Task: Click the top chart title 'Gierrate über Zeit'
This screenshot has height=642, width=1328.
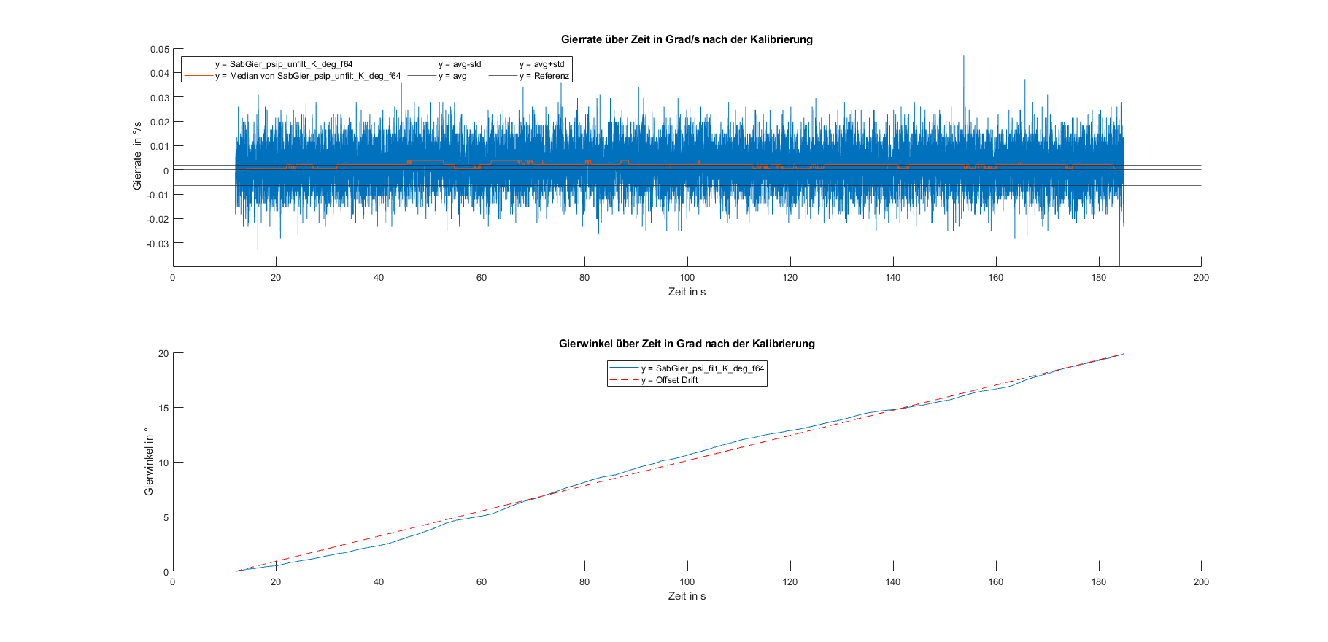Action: pyautogui.click(x=686, y=39)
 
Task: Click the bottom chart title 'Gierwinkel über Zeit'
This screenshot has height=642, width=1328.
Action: pyautogui.click(x=686, y=344)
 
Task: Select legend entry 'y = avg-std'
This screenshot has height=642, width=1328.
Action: pyautogui.click(x=460, y=64)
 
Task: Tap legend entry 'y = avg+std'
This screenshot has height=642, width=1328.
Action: pyautogui.click(x=541, y=64)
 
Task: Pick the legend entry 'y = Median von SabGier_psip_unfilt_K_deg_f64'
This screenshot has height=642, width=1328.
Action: pyautogui.click(x=307, y=76)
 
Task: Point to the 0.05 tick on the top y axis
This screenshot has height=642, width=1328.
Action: pyautogui.click(x=160, y=50)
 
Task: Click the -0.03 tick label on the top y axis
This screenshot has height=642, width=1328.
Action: pyautogui.click(x=158, y=244)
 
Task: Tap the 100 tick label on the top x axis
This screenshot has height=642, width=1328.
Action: pyautogui.click(x=687, y=277)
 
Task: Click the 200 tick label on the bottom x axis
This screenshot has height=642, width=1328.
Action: pyautogui.click(x=1201, y=581)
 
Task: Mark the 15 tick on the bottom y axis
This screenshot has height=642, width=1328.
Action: pyautogui.click(x=163, y=408)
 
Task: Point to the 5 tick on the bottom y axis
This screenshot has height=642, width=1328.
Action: pyautogui.click(x=166, y=517)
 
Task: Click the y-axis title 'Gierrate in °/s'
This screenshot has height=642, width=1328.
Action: pyautogui.click(x=137, y=156)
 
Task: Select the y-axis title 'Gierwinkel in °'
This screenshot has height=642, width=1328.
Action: pyautogui.click(x=149, y=461)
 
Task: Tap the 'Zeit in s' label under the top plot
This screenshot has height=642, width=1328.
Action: pyautogui.click(x=687, y=292)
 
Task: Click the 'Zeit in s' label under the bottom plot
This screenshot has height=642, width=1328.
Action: pyautogui.click(x=687, y=596)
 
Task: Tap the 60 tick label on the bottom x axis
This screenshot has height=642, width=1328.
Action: pyautogui.click(x=482, y=581)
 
